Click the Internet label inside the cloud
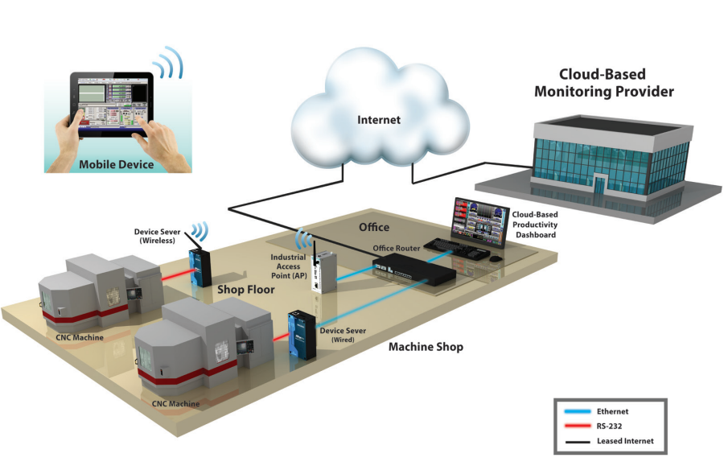tap(378, 120)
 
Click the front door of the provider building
tap(599, 182)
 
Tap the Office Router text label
tap(397, 248)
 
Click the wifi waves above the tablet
tap(167, 64)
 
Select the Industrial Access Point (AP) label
tap(287, 266)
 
